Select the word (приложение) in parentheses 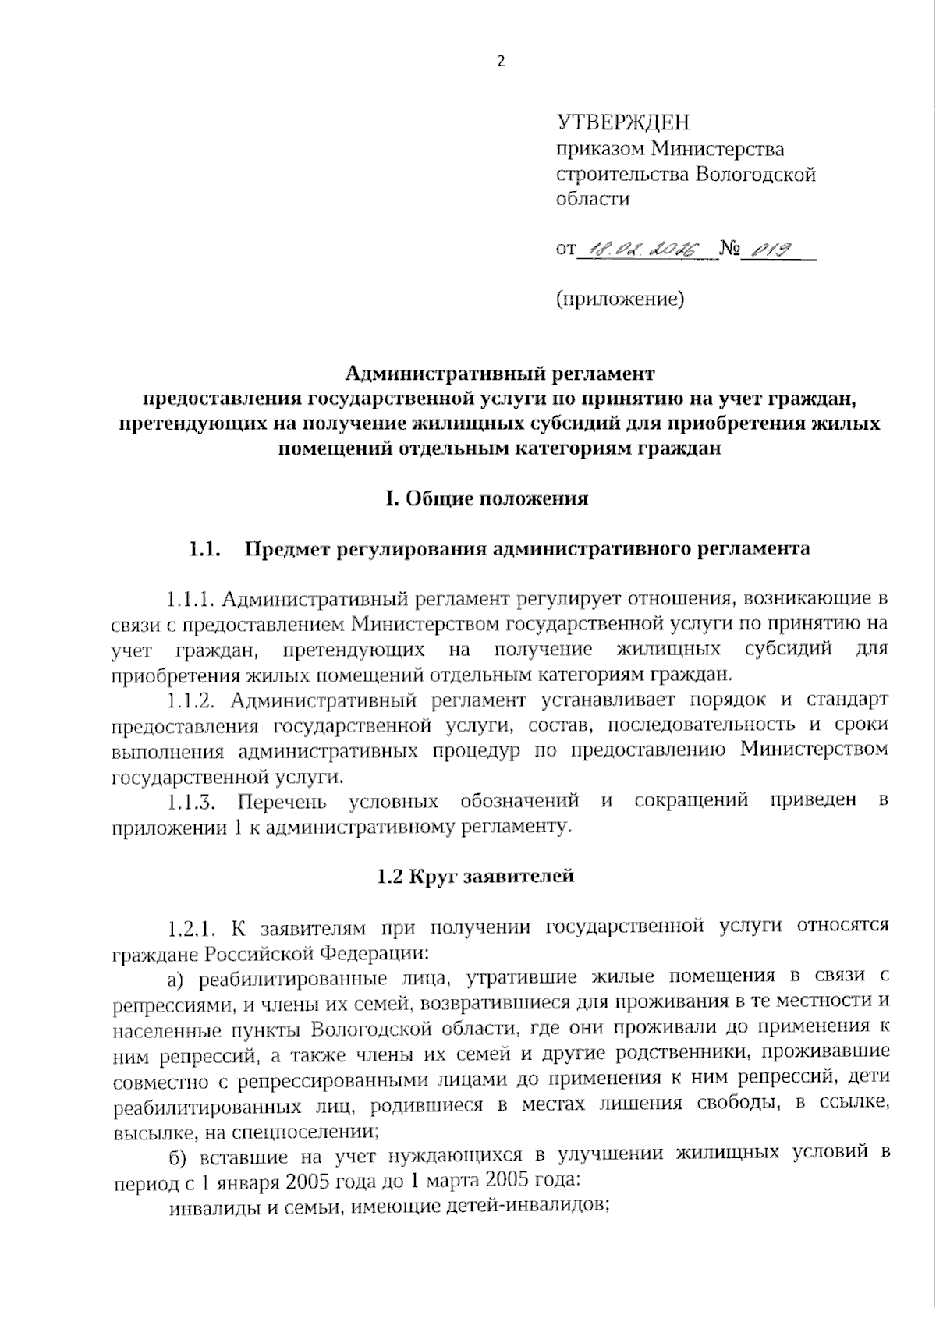[620, 299]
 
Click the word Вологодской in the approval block [756, 174]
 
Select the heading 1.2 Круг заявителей [475, 876]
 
